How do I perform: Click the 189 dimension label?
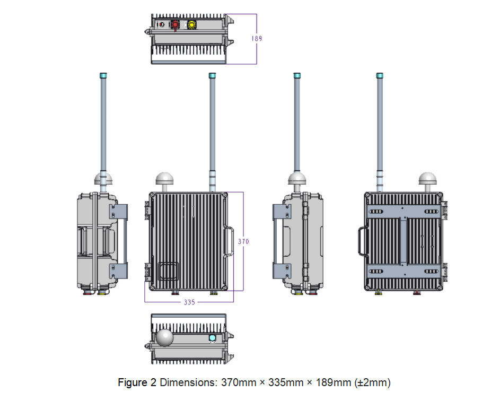coord(257,38)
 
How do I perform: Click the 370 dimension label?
coord(243,241)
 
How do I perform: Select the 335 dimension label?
coord(189,302)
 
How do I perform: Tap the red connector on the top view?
coord(175,25)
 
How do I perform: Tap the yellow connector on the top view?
coord(191,25)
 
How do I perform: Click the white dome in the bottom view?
coord(164,338)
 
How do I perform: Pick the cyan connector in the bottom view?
coord(212,338)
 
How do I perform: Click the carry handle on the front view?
coord(229,241)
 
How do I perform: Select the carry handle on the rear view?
coord(363,241)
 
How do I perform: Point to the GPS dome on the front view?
coord(165,179)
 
